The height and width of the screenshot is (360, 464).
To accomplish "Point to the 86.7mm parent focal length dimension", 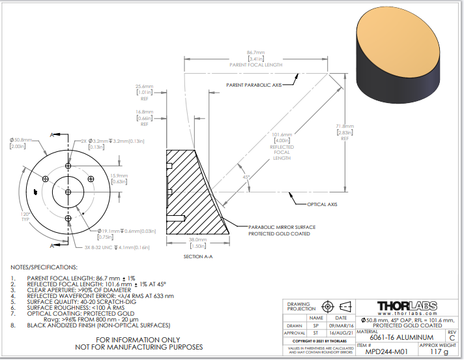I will [x=255, y=52].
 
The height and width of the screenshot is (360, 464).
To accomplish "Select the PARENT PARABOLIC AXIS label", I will [x=254, y=85].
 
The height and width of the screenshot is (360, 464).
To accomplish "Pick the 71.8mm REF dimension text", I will [x=345, y=126].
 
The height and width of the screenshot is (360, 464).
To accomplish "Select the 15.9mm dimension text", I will [x=119, y=175].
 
